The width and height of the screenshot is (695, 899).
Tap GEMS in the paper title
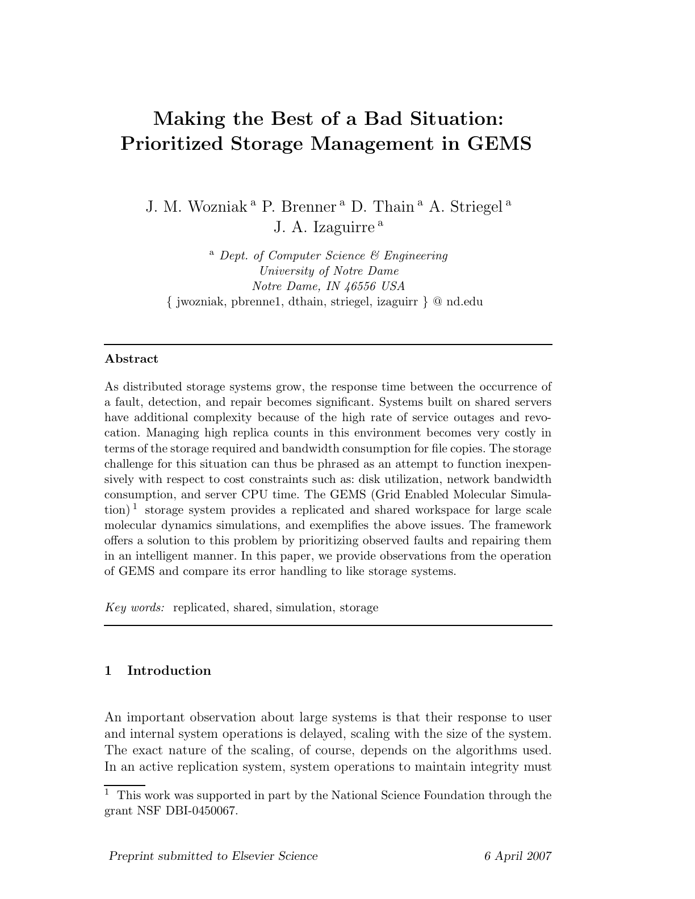click(500, 144)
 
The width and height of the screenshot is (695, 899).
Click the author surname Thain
click(393, 207)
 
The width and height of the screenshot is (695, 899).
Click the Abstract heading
click(132, 359)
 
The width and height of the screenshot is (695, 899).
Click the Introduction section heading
click(169, 670)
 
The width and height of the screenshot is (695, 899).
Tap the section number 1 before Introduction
click(108, 670)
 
